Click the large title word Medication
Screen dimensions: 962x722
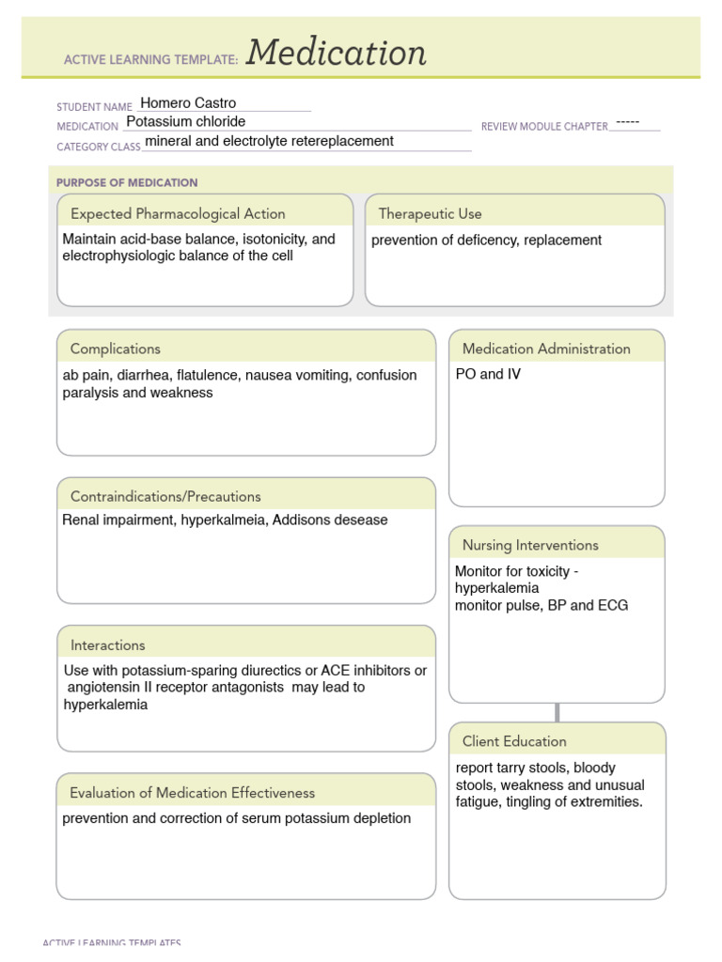pos(337,54)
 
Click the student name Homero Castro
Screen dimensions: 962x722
pos(188,103)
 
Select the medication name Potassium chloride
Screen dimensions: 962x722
pos(185,122)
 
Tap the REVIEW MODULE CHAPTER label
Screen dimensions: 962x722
pos(544,126)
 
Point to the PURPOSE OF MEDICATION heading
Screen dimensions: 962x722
pos(127,182)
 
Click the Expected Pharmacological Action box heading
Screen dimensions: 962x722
pos(178,214)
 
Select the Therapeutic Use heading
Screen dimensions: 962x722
pos(430,214)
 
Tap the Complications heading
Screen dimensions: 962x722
pos(115,349)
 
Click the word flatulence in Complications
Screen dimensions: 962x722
pos(208,375)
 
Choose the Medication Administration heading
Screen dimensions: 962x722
pos(546,349)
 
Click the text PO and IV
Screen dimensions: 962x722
pos(488,375)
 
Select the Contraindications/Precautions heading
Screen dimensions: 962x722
pos(165,496)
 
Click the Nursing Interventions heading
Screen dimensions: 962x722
pos(530,545)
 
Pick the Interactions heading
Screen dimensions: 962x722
pos(107,645)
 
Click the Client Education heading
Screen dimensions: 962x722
pos(514,741)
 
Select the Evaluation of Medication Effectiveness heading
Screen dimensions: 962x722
pos(192,793)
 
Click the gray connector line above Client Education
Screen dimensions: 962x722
pos(557,712)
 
